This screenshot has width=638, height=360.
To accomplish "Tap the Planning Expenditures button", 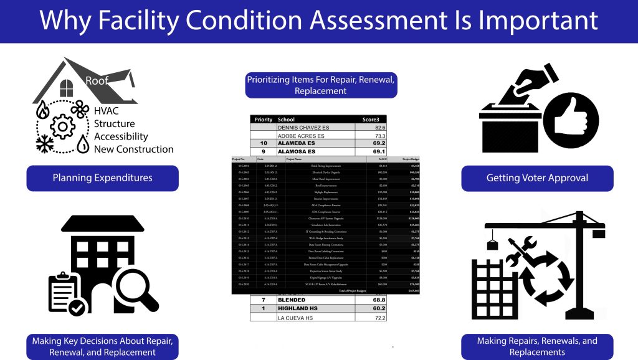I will click(102, 178).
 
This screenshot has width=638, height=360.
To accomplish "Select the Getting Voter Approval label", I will click(537, 178).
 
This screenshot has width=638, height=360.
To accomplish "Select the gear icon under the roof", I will click(62, 127).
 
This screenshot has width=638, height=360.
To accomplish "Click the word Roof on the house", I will click(97, 81).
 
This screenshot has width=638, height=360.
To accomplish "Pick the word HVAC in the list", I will click(107, 110).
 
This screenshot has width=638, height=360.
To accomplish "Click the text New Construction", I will click(133, 149).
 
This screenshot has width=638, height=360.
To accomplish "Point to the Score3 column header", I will click(374, 119).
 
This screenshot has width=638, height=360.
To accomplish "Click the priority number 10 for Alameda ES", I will click(264, 143).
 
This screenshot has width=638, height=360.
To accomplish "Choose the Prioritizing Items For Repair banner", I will click(321, 85).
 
